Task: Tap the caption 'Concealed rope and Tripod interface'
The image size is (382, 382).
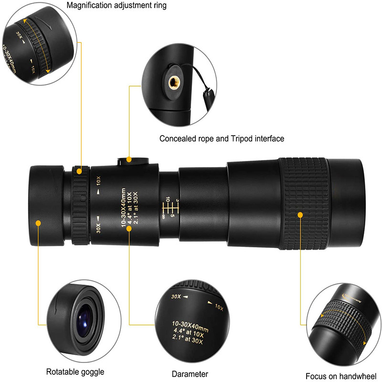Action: [222, 138]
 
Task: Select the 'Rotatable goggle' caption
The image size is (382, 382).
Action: [74, 371]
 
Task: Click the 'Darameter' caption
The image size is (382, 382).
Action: [190, 374]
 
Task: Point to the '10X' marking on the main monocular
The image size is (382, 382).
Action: [98, 181]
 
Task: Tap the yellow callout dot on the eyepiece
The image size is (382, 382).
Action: [38, 222]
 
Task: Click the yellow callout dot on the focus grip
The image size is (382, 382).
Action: [300, 214]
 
